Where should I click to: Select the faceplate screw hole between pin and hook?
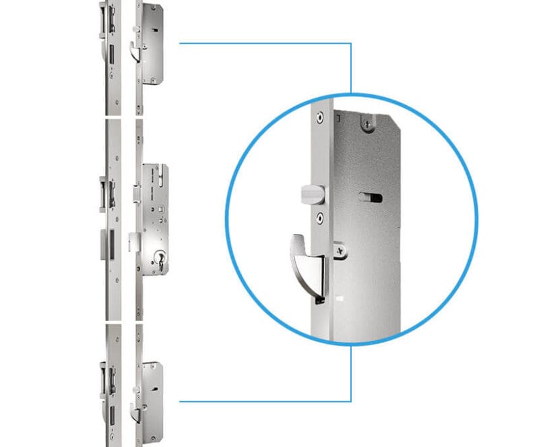tap(319, 217)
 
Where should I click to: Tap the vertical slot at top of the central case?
tap(162, 179)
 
